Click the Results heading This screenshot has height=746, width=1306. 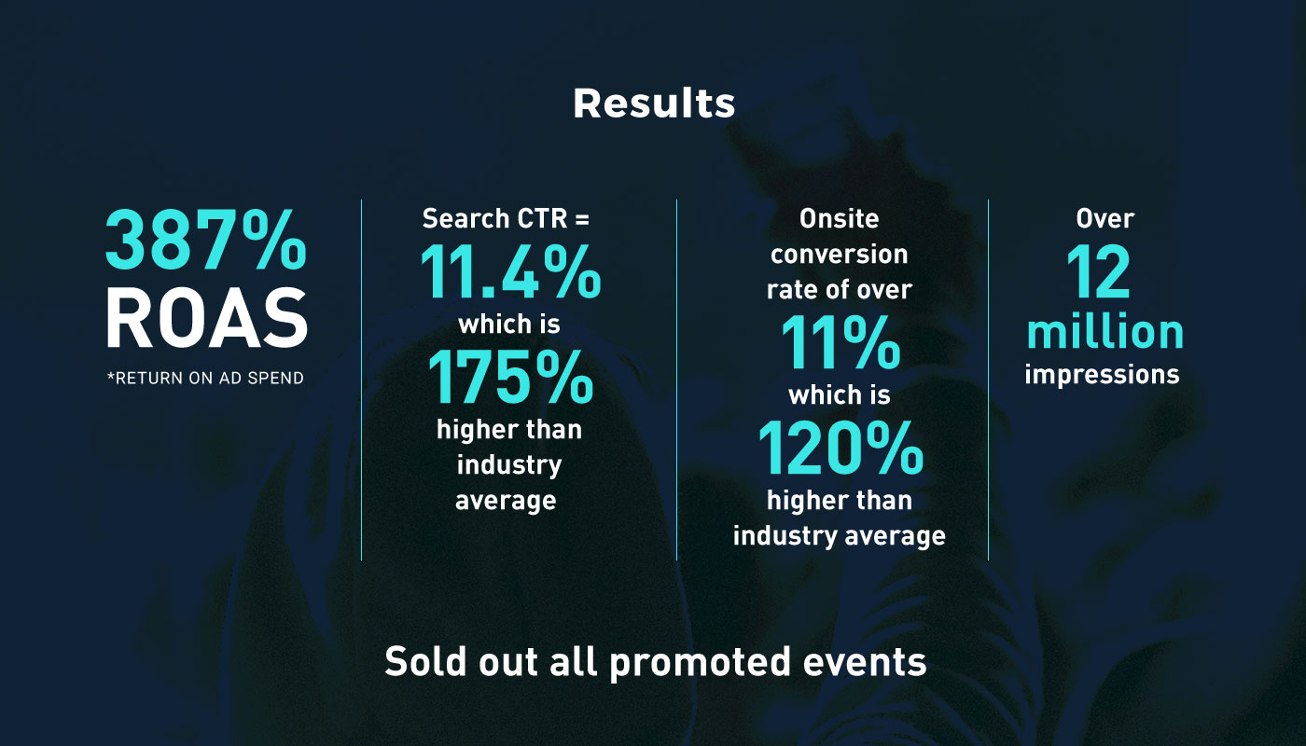[x=654, y=104]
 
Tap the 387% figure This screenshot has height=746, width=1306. [x=206, y=240]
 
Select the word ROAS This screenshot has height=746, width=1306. [x=206, y=318]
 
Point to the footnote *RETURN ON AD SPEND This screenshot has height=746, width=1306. [x=205, y=378]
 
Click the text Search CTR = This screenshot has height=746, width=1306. [x=506, y=218]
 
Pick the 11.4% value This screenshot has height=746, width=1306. [x=511, y=271]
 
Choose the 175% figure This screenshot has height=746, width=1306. [x=511, y=377]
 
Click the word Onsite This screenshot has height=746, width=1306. [x=839, y=218]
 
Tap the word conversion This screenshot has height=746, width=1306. [x=839, y=254]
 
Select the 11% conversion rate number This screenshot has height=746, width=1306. [x=841, y=342]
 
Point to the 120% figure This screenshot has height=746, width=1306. [x=841, y=448]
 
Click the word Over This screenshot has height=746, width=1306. [x=1105, y=218]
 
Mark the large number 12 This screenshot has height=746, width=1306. [x=1099, y=271]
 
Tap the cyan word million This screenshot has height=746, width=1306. [x=1105, y=332]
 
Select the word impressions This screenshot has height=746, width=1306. [x=1102, y=374]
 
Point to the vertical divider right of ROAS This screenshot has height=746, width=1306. [x=362, y=380]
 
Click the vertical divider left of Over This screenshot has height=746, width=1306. [x=988, y=380]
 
